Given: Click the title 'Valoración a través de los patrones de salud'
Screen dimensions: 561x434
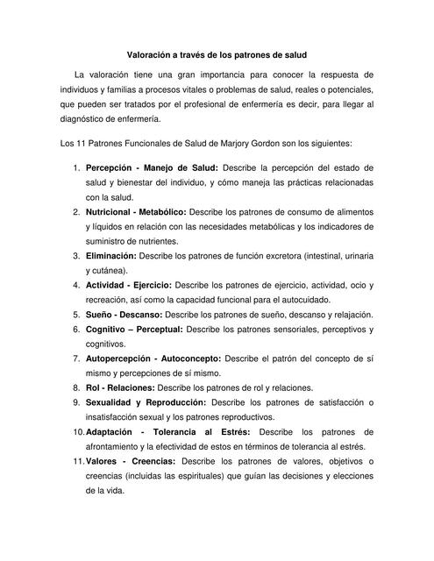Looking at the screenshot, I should (217, 53).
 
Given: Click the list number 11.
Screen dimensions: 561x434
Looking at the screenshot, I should (75, 461).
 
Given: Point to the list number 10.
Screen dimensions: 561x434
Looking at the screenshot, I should (75, 432).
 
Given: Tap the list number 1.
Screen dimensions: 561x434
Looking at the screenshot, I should (78, 167).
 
